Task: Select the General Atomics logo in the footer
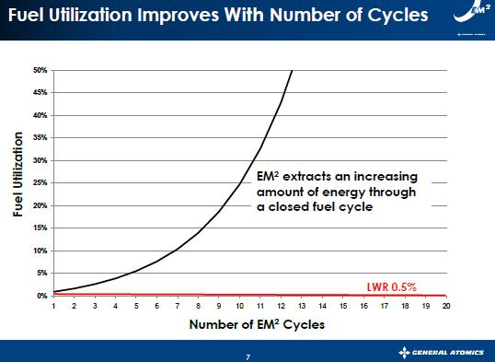444,353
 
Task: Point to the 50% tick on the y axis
40,70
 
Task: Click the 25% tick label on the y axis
40,183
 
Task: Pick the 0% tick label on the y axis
41,296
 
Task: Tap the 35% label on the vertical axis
40,138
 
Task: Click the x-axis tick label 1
54,305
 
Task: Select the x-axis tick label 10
240,305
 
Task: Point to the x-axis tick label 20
446,305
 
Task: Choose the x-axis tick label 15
343,305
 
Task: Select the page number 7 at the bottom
247,354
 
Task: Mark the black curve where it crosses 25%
240,183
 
